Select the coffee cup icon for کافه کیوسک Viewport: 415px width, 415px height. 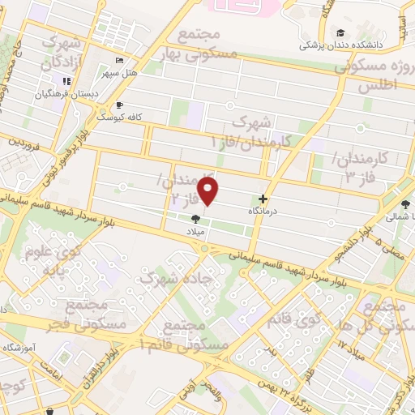pos(120,105)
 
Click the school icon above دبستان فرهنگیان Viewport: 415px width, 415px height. pos(66,81)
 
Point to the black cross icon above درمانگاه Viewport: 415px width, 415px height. pos(263,199)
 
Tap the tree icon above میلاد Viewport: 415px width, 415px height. pos(195,218)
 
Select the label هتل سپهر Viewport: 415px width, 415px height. pos(118,73)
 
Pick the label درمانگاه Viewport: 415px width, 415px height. pos(263,210)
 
